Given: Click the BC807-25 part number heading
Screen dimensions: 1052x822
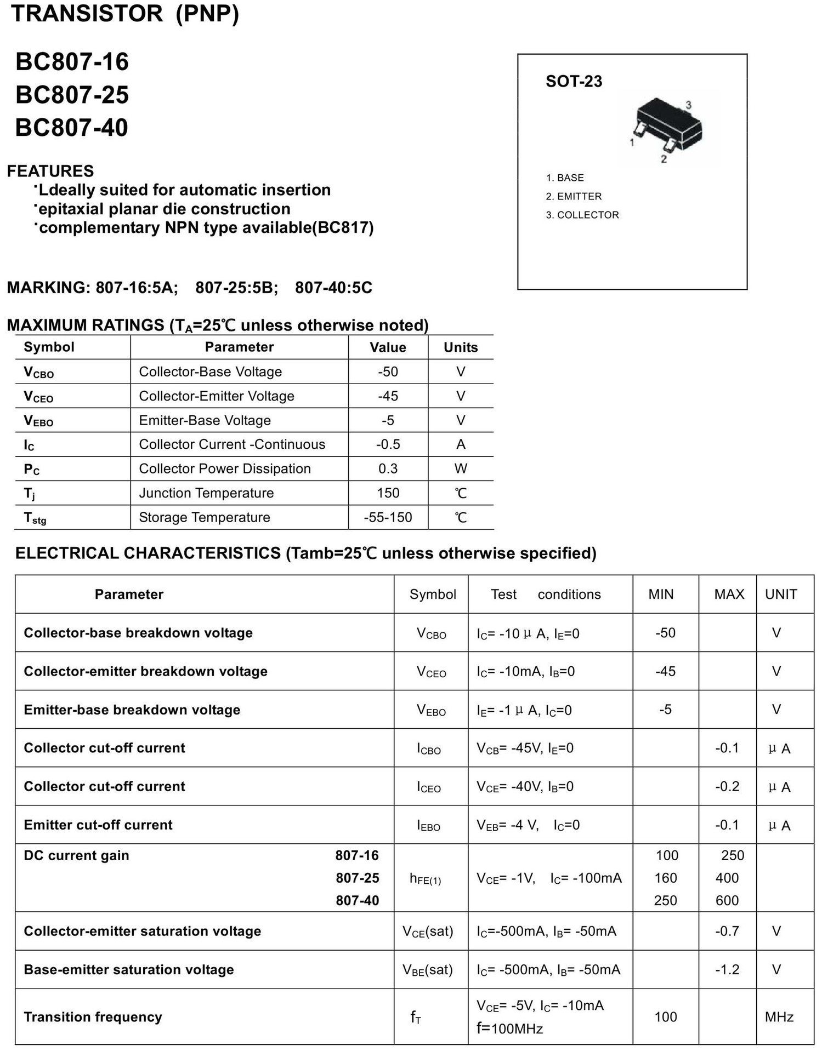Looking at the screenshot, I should coord(72,95).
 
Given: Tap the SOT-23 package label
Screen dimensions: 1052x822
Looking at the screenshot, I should coord(574,82).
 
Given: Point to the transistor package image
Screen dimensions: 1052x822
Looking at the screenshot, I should coord(668,127).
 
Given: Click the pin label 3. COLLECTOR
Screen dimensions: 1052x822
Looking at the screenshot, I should coord(582,215).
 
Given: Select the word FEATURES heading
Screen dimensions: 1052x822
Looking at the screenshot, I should coord(50,171).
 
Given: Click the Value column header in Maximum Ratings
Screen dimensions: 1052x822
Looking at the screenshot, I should coord(388,347).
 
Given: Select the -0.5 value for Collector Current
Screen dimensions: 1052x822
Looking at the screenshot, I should coord(388,444).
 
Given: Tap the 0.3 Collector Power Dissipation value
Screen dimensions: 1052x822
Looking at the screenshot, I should coord(388,468).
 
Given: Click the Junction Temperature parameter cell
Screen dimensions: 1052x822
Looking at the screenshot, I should coord(206,493).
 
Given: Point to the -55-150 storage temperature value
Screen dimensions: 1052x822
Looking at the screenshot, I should coord(388,517).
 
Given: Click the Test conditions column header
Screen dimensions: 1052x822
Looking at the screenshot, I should coord(546,594).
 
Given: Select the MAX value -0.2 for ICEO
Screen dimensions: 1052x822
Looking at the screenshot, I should coord(727,787).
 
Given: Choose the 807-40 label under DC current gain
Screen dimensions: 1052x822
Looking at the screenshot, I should coord(357,900).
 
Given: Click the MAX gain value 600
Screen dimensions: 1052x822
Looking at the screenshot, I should coord(727,900).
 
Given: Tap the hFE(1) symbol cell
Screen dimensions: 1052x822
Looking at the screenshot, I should coord(425,879).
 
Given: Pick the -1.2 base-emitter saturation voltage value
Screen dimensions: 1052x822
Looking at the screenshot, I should coord(727,970).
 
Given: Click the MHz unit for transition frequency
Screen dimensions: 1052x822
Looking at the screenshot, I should coord(779,1017).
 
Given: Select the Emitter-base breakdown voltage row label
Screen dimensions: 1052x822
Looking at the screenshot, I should coord(132,710).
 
